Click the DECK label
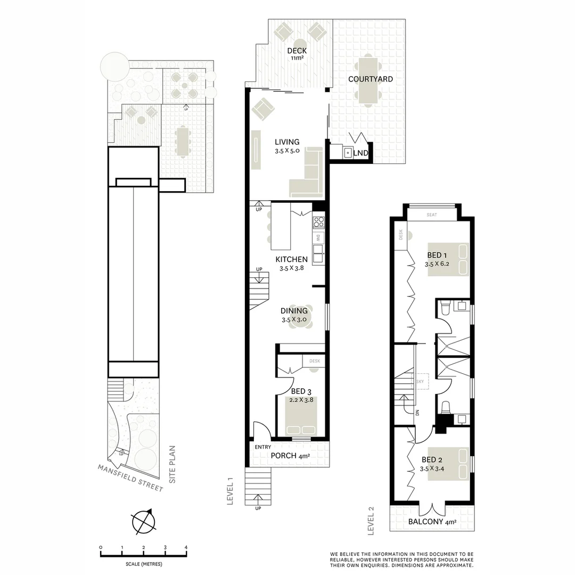click(297, 51)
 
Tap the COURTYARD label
click(371, 79)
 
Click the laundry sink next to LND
click(347, 153)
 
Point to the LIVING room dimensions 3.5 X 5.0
click(287, 151)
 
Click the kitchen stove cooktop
click(318, 222)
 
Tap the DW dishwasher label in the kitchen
click(318, 238)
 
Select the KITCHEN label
click(291, 259)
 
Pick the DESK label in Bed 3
click(314, 361)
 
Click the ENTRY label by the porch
click(263, 447)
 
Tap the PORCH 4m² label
click(290, 456)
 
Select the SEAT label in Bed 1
click(432, 215)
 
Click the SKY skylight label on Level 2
click(420, 382)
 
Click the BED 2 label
click(432, 460)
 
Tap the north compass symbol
click(143, 522)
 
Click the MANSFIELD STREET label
click(130, 478)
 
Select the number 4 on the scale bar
click(186, 547)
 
